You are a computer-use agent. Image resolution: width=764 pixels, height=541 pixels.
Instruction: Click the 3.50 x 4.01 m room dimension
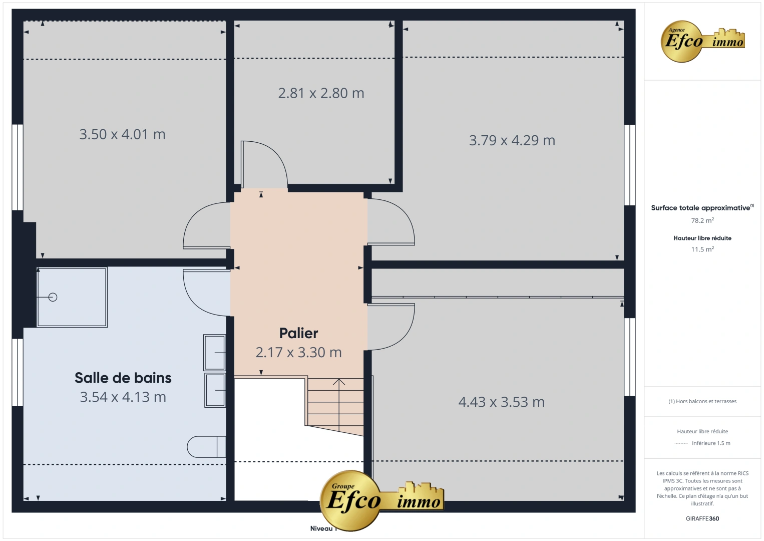coord(122,134)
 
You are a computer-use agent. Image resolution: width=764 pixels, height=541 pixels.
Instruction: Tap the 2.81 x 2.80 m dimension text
coord(321,93)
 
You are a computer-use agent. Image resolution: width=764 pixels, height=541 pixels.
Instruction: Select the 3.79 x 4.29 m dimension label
coord(512,140)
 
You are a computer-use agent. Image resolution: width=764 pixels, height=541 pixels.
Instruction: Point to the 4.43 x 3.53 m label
coord(501,402)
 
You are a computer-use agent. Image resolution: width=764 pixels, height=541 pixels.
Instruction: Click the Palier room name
coord(298,333)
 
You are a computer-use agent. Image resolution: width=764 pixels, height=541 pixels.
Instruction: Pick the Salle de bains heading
coord(123,378)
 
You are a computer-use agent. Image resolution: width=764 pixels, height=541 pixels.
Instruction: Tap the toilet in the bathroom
coord(206,447)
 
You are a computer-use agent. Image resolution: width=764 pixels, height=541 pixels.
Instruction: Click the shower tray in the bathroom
coord(72,297)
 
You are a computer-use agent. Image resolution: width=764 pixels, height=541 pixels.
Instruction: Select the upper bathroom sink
coord(215,353)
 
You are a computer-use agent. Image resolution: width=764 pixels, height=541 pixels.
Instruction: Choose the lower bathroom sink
coord(215,390)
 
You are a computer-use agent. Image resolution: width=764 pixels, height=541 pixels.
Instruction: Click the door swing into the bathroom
coord(205,293)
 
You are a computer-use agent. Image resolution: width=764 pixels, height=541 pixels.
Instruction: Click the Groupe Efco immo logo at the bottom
coord(381,500)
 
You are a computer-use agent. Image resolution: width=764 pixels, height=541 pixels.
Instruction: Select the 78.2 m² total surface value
coord(702,220)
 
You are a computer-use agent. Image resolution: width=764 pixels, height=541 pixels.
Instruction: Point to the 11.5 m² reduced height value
coord(702,249)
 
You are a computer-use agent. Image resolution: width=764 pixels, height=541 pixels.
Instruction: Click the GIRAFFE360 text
coord(702,518)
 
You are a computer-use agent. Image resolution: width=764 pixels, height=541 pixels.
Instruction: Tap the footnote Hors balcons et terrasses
coord(702,401)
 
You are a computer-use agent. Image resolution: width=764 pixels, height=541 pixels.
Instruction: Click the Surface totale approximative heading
coord(701,208)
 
